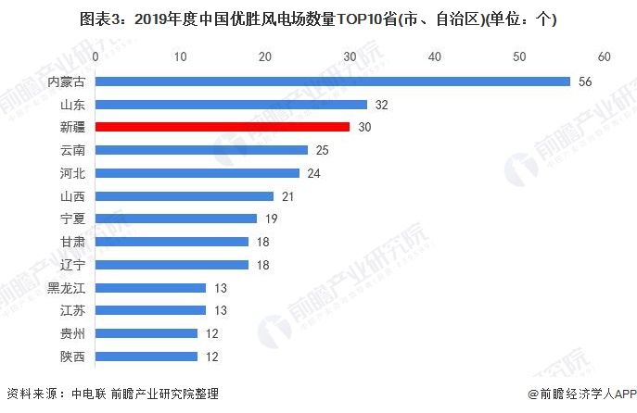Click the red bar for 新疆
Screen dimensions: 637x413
223,127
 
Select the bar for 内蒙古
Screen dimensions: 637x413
333,81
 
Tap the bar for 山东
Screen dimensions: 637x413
231,105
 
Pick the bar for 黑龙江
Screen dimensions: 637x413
151,288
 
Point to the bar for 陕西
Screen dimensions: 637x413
147,357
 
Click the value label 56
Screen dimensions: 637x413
585,81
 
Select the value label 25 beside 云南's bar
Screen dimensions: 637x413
322,150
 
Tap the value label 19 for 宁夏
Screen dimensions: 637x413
272,219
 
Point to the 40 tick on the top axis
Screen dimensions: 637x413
435,56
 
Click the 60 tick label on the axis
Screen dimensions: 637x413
605,56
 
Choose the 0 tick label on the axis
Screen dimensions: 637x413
96,56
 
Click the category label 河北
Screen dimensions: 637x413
72,173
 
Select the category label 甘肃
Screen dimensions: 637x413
72,242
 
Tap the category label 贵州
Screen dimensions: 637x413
72,333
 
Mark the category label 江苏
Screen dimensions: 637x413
72,311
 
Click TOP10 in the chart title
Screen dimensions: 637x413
359,19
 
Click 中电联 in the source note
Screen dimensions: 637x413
89,394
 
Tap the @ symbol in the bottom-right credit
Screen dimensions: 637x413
533,394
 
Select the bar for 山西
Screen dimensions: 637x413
185,196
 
